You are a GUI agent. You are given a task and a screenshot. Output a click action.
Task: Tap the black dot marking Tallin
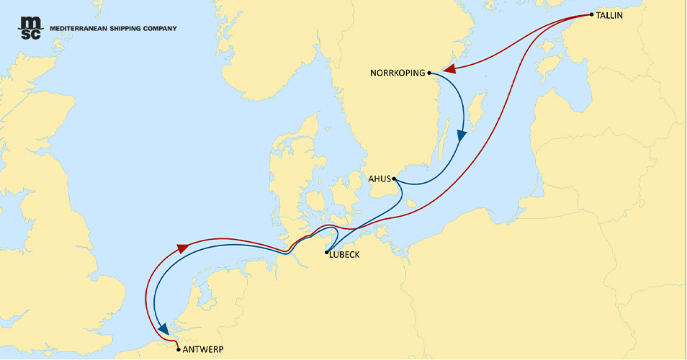(x=591, y=14)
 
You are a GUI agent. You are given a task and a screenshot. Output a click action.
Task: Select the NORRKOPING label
(x=397, y=73)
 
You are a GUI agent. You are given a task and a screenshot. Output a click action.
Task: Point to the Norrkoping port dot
(x=429, y=73)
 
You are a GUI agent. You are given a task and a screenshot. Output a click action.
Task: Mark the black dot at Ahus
(x=394, y=179)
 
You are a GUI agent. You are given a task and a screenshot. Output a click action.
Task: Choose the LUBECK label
(x=344, y=255)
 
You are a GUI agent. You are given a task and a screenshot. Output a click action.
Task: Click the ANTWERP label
(x=204, y=349)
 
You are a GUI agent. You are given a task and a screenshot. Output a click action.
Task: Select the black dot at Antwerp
(x=179, y=349)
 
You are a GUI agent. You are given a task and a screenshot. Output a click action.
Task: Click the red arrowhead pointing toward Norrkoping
(x=450, y=69)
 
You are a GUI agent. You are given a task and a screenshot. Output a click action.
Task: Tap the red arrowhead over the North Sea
(x=183, y=248)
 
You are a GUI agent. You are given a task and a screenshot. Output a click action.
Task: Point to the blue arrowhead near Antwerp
(x=165, y=327)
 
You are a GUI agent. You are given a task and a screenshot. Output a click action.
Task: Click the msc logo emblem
(x=30, y=28)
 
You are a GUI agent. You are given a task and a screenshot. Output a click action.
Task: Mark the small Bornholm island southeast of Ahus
(x=411, y=204)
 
